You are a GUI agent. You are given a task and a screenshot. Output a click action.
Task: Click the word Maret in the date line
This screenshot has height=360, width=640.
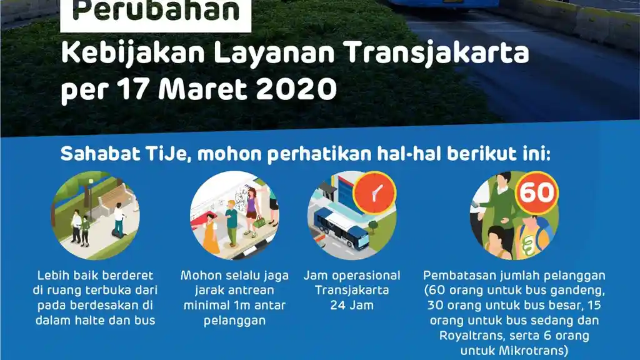[x=205, y=91]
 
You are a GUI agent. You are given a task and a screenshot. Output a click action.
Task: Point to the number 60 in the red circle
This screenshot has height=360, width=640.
[x=537, y=192]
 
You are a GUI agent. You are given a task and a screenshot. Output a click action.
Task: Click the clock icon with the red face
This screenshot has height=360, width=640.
[x=374, y=193]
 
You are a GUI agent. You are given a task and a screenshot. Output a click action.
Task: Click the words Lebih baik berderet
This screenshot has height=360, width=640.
[x=95, y=276]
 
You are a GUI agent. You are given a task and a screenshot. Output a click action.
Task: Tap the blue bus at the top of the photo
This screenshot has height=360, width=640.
[x=441, y=3]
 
